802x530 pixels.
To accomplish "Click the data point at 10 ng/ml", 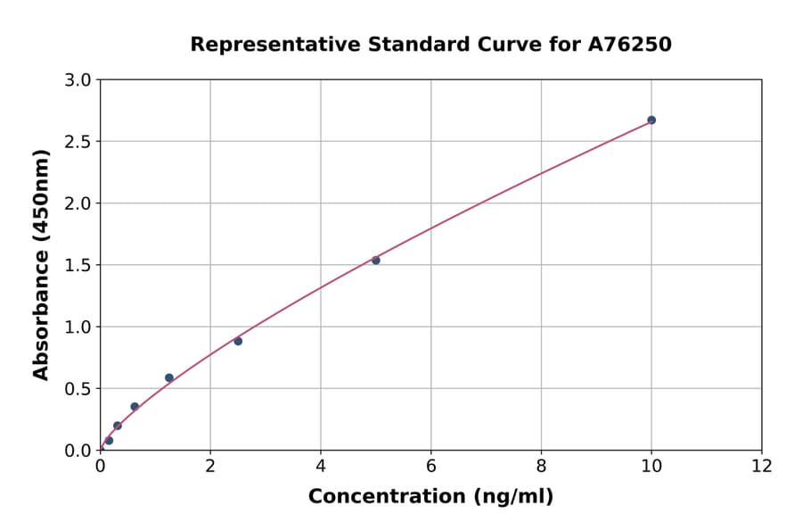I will [x=651, y=120].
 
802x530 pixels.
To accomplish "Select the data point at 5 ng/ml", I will [x=376, y=261].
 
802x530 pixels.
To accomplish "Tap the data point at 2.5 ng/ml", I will [x=238, y=341].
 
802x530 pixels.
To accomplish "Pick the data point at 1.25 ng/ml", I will [x=169, y=377].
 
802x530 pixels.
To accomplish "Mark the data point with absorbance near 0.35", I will [x=135, y=407].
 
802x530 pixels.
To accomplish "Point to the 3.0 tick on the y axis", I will [x=79, y=80].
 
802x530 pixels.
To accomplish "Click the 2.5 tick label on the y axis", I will [x=79, y=142].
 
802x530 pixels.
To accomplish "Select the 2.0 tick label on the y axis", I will [x=79, y=203].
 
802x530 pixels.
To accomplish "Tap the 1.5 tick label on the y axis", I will [x=79, y=265].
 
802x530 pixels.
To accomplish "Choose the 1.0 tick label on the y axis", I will [x=79, y=327].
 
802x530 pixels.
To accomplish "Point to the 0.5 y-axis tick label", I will [x=79, y=389].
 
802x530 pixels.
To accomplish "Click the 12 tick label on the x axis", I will [x=762, y=466].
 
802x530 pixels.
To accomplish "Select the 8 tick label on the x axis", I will [x=541, y=466].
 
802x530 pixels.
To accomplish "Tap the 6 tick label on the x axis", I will [x=431, y=466].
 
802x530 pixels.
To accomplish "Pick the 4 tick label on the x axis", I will [x=321, y=466].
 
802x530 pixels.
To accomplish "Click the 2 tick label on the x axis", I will [x=210, y=466].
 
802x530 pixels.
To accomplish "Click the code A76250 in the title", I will [x=630, y=45].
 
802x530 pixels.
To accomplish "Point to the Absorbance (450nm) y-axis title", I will [x=41, y=265].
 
